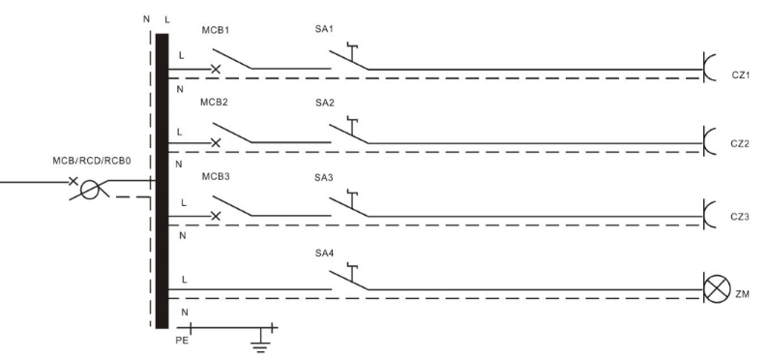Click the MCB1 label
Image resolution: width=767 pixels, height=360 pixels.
pyautogui.click(x=216, y=30)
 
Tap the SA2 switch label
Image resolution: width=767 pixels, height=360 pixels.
pyautogui.click(x=325, y=103)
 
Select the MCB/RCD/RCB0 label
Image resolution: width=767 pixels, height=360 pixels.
pyautogui.click(x=92, y=161)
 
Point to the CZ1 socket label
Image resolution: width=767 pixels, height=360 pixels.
pyautogui.click(x=741, y=75)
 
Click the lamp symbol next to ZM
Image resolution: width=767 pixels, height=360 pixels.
pyautogui.click(x=717, y=289)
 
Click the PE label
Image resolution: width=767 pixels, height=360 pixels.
pyautogui.click(x=182, y=341)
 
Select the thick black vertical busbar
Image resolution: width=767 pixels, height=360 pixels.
pyautogui.click(x=162, y=181)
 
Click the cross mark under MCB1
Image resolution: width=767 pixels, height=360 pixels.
pyautogui.click(x=216, y=70)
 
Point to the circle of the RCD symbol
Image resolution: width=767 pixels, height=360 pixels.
pyautogui.click(x=89, y=190)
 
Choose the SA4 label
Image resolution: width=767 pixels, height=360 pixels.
pyautogui.click(x=325, y=254)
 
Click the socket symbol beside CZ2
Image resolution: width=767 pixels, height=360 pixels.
pyautogui.click(x=709, y=141)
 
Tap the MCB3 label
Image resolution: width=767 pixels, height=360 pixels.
pyautogui.click(x=216, y=176)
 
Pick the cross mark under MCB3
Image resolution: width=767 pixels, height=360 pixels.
pyautogui.click(x=216, y=216)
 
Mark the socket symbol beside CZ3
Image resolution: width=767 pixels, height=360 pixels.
pyautogui.click(x=709, y=214)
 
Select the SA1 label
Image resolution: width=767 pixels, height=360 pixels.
pyautogui.click(x=324, y=29)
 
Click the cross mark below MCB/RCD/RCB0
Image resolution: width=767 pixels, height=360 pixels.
pyautogui.click(x=73, y=182)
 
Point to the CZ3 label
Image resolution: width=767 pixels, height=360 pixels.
pyautogui.click(x=740, y=216)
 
